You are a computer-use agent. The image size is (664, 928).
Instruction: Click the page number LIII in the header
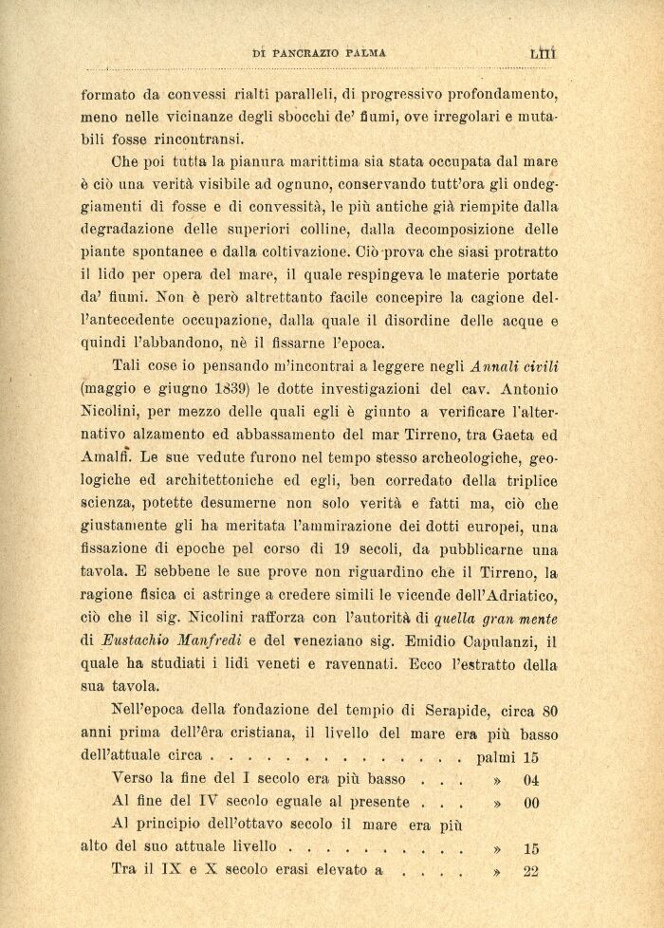coord(543,54)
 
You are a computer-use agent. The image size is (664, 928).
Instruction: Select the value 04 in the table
coord(531,778)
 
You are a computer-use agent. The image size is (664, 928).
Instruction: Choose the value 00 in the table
coord(531,802)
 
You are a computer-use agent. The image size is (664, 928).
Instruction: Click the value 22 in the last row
coord(531,871)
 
